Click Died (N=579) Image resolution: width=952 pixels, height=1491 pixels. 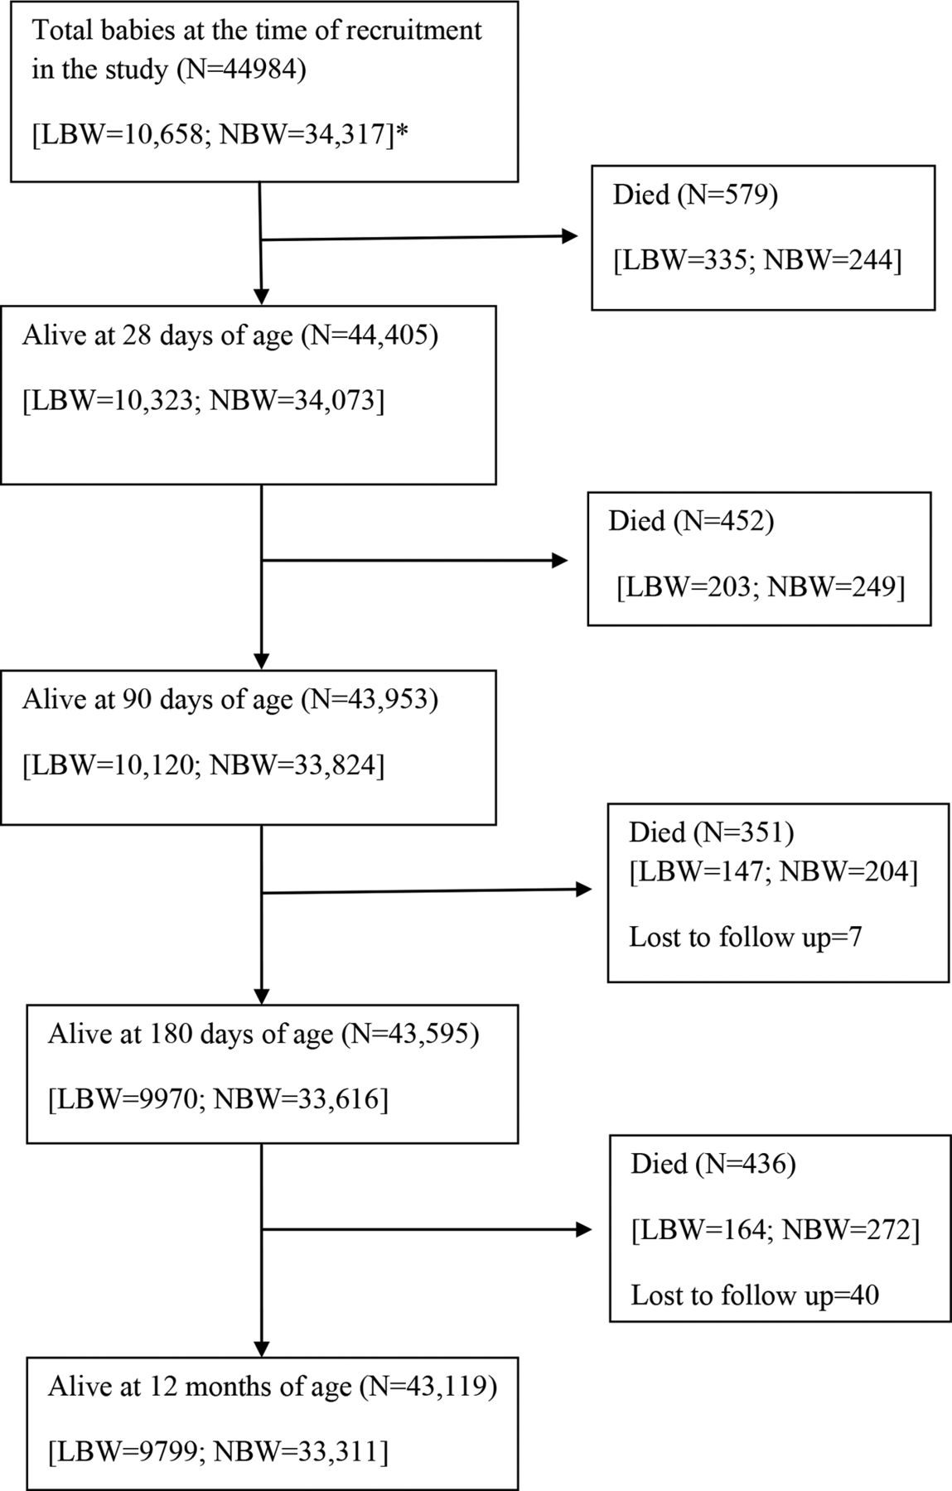click(694, 195)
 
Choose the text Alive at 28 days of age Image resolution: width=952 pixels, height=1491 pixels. click(157, 335)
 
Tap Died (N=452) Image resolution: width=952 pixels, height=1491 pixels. click(691, 521)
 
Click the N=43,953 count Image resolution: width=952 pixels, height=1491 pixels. click(370, 700)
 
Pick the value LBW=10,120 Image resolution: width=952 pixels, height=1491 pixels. click(111, 765)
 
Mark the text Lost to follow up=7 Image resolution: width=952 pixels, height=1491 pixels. click(746, 937)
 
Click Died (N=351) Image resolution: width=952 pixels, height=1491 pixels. click(712, 832)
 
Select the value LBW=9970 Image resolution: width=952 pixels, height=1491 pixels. click(128, 1099)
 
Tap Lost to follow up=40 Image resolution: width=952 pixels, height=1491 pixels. click(755, 1295)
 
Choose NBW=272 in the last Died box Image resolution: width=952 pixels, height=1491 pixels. click(847, 1230)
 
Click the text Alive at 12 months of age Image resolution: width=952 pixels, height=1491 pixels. click(200, 1387)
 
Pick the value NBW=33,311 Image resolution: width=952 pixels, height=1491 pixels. click(297, 1452)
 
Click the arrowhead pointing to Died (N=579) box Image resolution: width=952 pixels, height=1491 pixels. click(570, 237)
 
